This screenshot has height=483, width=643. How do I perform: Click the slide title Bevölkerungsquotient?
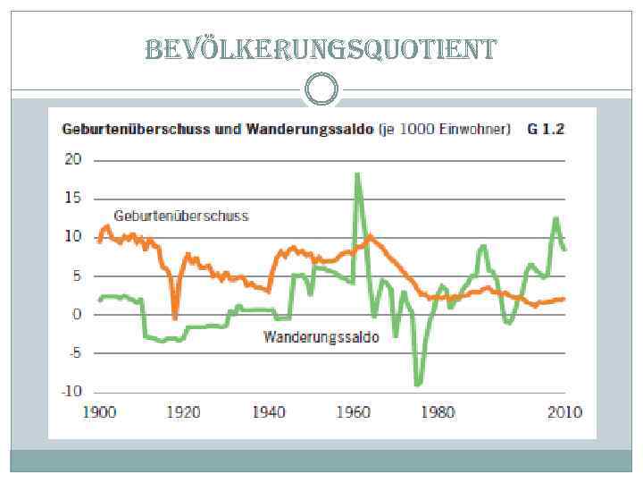321,49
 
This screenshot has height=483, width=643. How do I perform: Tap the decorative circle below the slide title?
321,89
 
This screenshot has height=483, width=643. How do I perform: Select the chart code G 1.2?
546,130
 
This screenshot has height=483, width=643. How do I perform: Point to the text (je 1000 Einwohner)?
444,130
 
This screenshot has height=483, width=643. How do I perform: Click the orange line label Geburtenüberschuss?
180,216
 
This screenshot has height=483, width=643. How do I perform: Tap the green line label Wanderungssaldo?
321,337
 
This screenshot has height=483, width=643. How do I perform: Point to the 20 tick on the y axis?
72,160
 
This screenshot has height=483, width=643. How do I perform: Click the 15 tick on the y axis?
72,199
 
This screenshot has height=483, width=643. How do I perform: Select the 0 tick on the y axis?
77,315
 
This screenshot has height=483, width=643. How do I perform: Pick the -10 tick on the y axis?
71,392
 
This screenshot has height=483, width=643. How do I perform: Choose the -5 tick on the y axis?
73,353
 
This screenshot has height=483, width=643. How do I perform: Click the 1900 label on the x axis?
99,412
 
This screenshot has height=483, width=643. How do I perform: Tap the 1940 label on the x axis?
269,412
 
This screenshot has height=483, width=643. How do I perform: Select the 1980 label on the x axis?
438,412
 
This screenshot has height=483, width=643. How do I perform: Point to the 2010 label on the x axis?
564,412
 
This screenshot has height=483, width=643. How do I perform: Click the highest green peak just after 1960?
357,174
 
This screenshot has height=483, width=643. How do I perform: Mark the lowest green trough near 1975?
417,384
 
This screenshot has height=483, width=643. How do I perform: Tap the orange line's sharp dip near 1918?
175,318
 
